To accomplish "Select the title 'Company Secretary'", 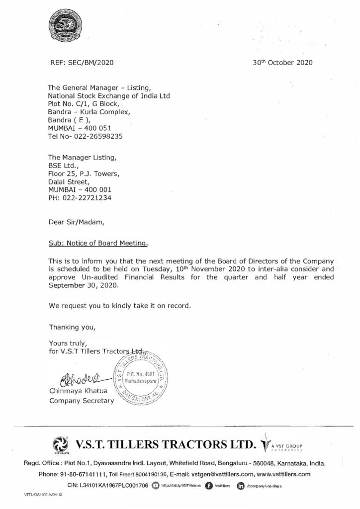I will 81,400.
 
